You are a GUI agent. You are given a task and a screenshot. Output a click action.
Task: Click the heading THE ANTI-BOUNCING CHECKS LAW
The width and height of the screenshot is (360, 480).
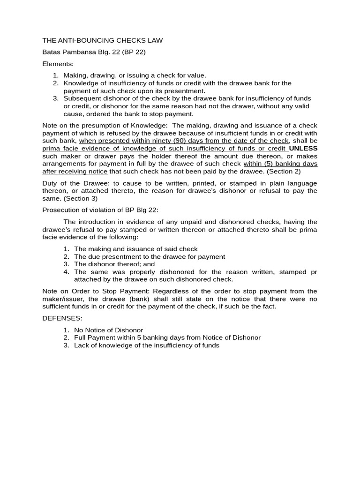click(103, 41)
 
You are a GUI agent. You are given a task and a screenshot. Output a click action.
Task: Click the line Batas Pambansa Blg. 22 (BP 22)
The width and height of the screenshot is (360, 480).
click(94, 52)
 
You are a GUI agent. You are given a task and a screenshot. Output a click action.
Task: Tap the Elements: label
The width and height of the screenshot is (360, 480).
click(58, 64)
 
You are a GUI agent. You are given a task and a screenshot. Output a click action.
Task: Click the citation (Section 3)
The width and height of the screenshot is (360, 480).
click(81, 198)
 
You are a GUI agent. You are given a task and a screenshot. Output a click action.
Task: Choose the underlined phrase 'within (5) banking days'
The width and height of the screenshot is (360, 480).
click(280, 164)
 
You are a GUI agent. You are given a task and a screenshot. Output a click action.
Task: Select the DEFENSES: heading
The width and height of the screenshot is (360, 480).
click(62, 318)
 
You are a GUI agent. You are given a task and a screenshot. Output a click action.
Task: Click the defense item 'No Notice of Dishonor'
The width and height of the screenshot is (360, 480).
click(108, 330)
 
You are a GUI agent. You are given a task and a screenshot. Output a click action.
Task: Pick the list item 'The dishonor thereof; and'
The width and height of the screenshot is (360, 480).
click(114, 264)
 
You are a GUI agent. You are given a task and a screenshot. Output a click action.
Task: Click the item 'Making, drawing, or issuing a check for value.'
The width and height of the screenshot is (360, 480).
click(135, 75)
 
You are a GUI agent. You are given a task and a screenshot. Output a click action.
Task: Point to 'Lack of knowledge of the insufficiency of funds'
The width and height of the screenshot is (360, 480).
click(146, 345)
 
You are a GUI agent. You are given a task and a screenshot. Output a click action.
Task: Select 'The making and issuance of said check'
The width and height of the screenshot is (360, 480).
click(136, 249)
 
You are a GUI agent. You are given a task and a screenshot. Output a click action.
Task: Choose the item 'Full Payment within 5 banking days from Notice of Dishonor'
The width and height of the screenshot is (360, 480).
click(167, 337)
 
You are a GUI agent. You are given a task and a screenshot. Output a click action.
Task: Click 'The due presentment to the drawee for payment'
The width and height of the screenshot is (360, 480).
click(150, 256)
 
